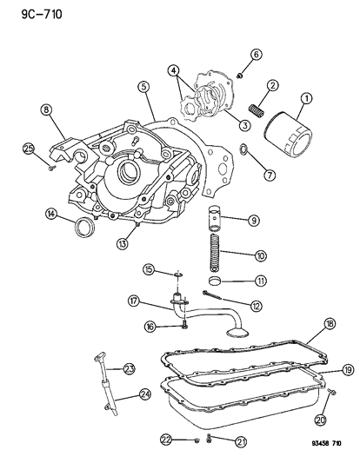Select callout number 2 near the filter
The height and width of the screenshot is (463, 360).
(272, 85)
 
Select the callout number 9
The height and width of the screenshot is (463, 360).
(254, 221)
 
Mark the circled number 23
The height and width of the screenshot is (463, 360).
(129, 369)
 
